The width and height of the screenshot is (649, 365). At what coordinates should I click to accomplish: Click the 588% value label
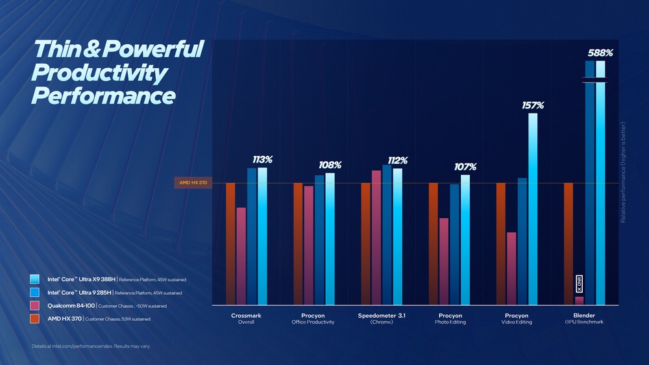[x=600, y=53]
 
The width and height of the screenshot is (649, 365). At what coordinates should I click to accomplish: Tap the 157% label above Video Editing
[x=533, y=105]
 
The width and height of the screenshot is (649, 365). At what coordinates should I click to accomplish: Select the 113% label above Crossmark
[x=262, y=160]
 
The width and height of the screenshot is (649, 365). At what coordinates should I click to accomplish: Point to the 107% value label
[x=465, y=167]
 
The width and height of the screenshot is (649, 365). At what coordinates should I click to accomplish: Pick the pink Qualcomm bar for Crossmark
[x=241, y=256]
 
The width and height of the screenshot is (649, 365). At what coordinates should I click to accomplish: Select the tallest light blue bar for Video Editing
[x=533, y=208]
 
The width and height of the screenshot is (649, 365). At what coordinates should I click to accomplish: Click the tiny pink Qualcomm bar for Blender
[x=579, y=300]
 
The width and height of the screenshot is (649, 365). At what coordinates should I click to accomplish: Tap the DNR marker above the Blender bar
[x=579, y=283]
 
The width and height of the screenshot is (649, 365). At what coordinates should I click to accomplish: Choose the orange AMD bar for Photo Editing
[x=433, y=244]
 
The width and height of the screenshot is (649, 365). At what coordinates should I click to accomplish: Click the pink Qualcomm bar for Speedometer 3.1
[x=376, y=237]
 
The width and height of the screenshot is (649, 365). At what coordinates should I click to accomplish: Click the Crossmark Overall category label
[x=247, y=319]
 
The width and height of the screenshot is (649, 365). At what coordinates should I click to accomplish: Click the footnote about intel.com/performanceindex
[x=91, y=346]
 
